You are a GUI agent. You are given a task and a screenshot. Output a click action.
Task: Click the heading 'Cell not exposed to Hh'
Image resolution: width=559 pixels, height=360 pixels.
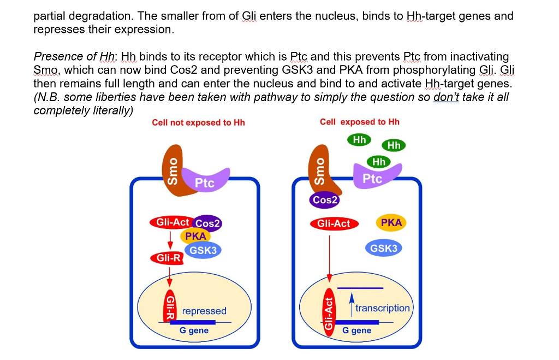198,122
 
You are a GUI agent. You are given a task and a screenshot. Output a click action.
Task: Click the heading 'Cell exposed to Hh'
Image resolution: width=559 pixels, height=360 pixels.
359,121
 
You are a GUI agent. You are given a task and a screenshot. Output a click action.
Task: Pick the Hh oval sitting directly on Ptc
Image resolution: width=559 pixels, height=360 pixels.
378,162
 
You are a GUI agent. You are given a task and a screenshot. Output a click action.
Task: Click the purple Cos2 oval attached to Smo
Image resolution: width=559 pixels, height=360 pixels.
325,200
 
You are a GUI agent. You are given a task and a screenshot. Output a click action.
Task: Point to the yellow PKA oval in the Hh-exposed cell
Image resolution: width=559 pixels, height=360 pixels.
391,222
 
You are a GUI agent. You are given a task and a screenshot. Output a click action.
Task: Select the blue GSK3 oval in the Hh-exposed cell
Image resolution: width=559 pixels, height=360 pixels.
384,248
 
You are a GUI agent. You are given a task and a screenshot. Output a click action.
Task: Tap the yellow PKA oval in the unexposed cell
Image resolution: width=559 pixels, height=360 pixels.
195,236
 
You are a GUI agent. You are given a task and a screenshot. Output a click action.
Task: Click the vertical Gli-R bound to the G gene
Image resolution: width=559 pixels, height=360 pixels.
170,308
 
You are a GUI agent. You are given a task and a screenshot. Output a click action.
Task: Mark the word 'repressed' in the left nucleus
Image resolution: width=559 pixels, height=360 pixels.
204,311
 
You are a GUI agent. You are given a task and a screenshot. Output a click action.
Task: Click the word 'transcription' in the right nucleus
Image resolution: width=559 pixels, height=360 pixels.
382,308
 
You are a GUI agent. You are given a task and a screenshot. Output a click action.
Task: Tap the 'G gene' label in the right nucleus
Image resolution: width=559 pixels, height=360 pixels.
356,331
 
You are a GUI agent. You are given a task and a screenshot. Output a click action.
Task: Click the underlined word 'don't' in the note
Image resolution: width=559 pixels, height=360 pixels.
445,97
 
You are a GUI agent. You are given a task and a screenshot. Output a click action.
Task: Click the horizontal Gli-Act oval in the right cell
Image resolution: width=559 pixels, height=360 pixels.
334,223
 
